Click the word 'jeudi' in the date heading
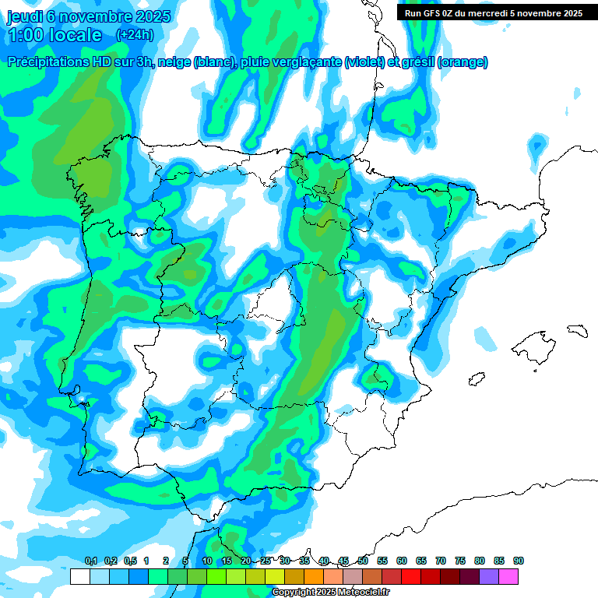click(23, 16)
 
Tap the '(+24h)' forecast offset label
click(135, 35)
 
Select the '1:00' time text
click(25, 35)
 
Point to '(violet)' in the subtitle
click(364, 62)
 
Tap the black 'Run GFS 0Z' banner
click(494, 13)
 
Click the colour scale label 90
click(519, 561)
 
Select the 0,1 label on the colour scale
click(90, 561)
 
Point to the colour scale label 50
click(363, 561)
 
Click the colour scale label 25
click(266, 561)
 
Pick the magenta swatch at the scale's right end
click(508, 576)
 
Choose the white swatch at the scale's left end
click(79, 576)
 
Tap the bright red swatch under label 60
click(411, 576)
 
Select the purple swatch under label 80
click(489, 576)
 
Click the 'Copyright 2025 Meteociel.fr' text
click(330, 593)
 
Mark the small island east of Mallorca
click(576, 330)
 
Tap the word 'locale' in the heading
click(76, 35)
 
